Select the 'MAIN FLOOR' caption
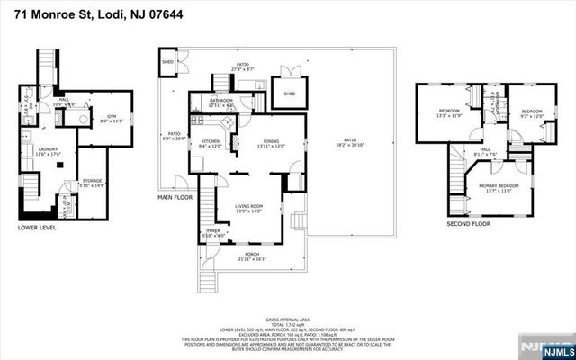pyautogui.click(x=176, y=196)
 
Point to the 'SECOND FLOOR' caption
pyautogui.click(x=468, y=222)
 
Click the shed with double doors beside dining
pyautogui.click(x=289, y=94)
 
